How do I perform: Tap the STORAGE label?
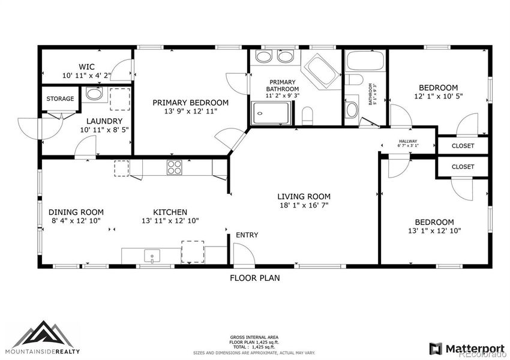pos(60,99)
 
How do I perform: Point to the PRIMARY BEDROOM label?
pos(190,102)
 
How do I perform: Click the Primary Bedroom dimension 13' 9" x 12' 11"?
pos(190,111)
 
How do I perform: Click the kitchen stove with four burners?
pos(175,167)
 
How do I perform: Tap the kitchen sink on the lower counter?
pos(152,257)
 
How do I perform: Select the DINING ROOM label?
pos(76,212)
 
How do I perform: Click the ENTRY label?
pos(247,235)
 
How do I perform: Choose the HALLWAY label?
pos(407,142)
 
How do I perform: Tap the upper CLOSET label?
pos(463,146)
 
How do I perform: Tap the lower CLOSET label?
pos(463,166)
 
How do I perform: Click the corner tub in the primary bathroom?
pos(319,69)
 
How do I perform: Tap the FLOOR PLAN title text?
pos(255,278)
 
